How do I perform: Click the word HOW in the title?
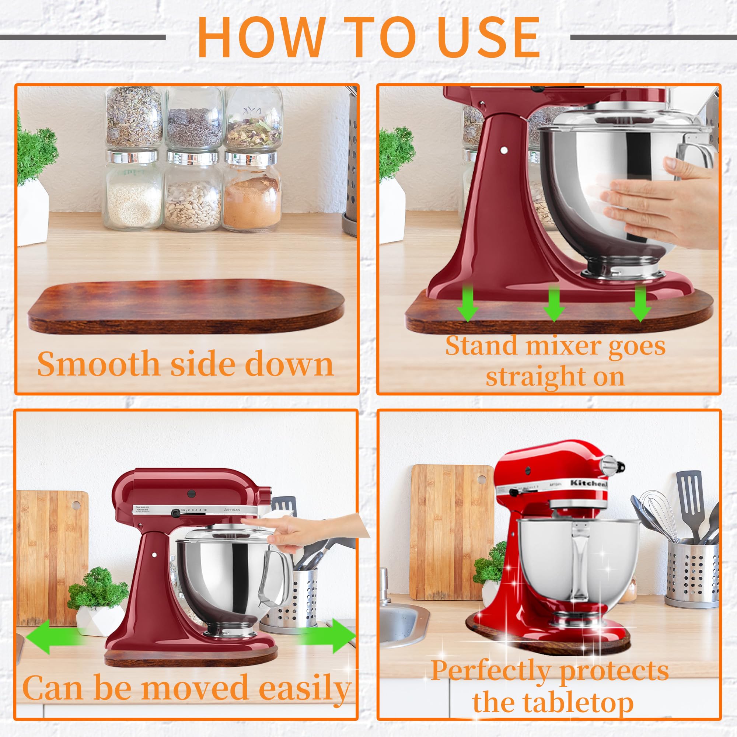point(259,37)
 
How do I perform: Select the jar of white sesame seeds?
point(133,200)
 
